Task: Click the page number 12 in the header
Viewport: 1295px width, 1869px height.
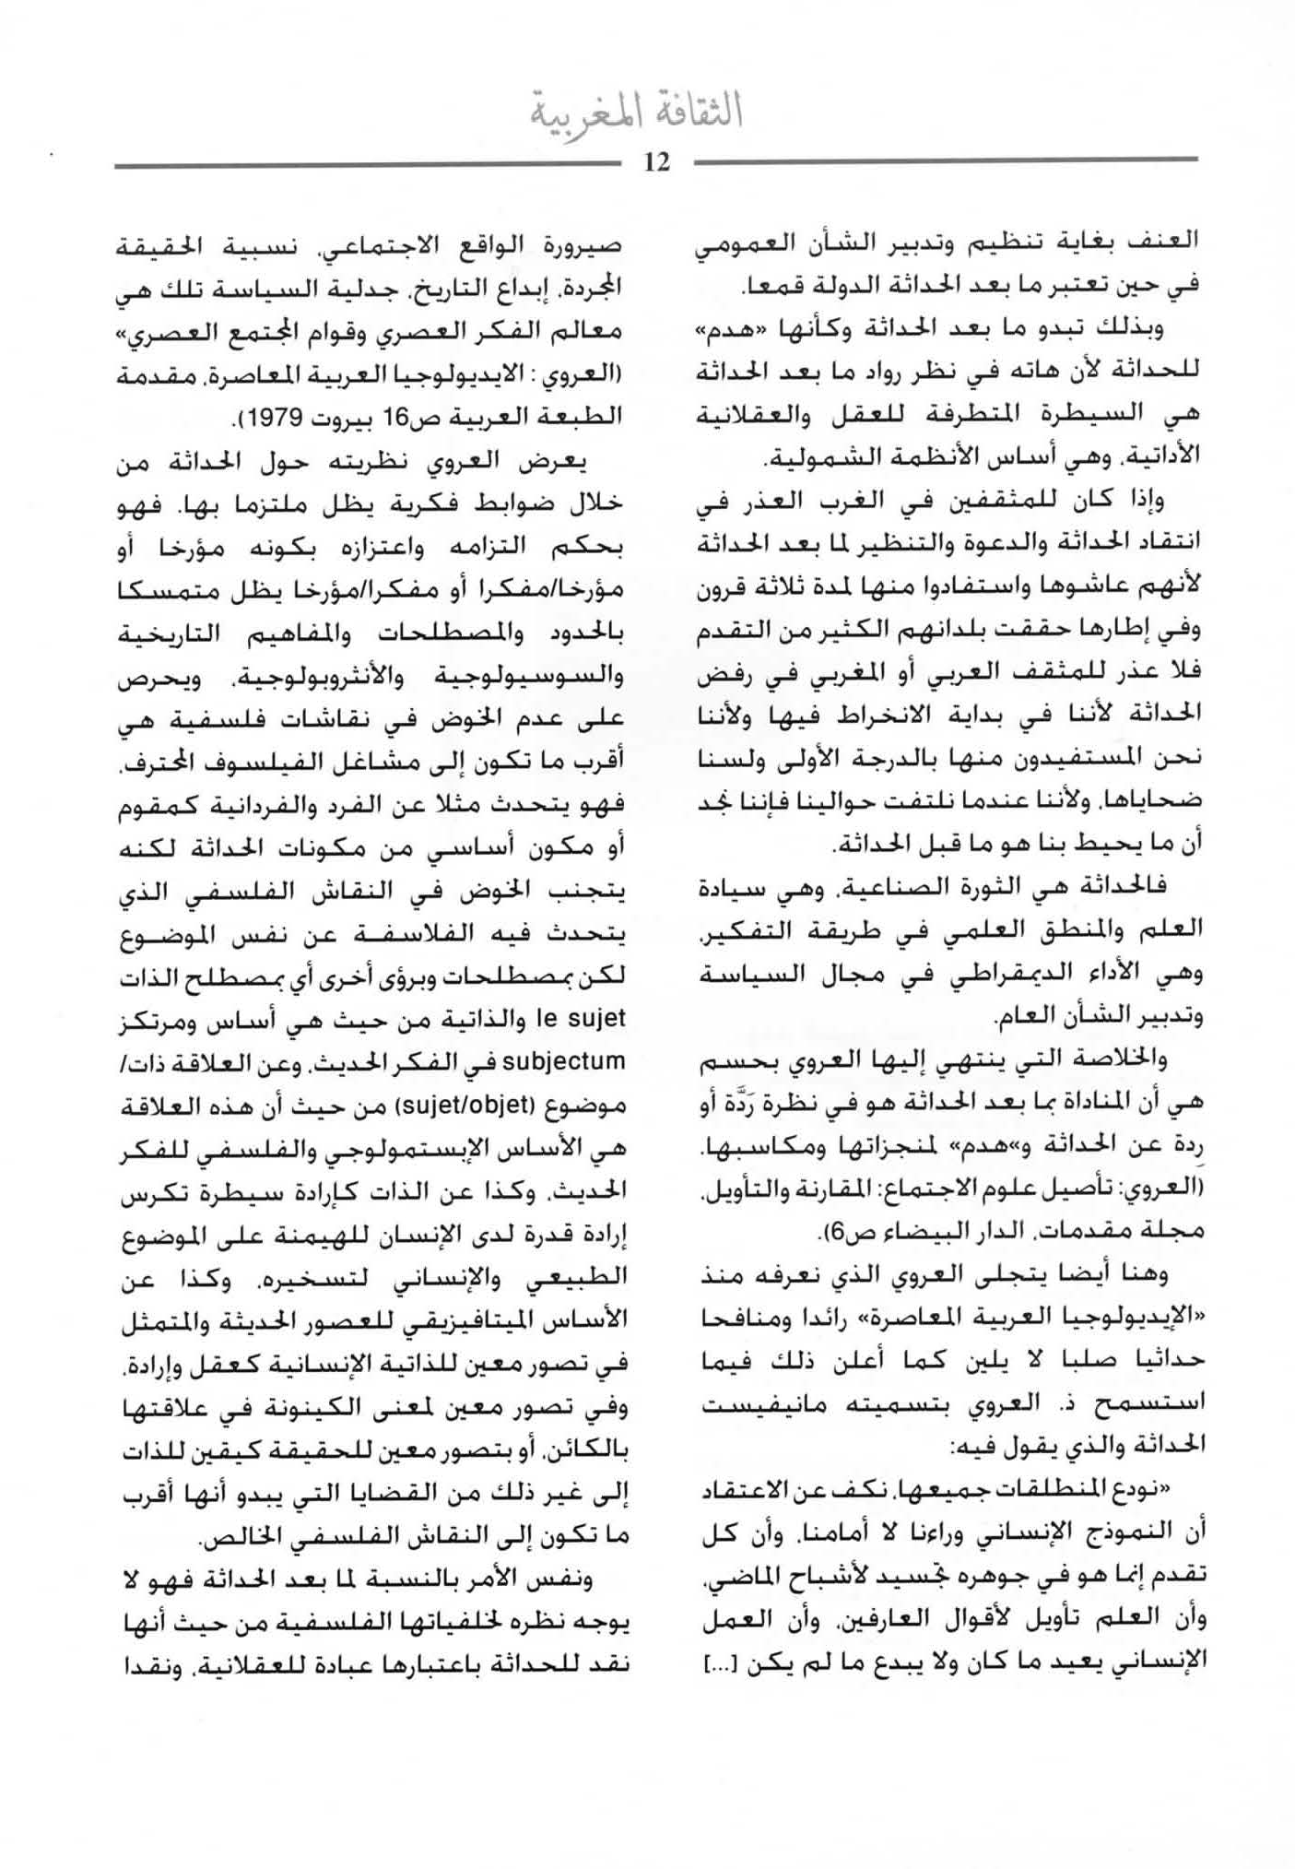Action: pos(657,163)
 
